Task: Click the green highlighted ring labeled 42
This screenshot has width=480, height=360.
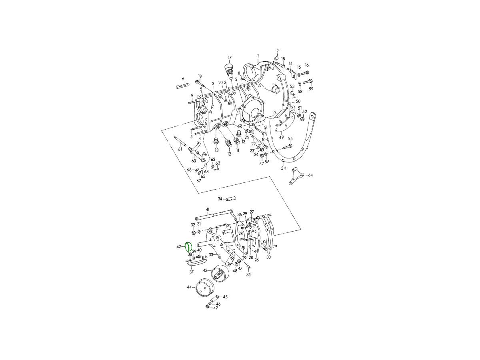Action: coord(186,246)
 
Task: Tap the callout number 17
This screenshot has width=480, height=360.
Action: coord(229,58)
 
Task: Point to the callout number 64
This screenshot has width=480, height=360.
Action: coord(310,175)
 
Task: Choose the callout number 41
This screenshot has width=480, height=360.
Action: coord(208,209)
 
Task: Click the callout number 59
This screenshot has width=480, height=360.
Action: coord(311,88)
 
